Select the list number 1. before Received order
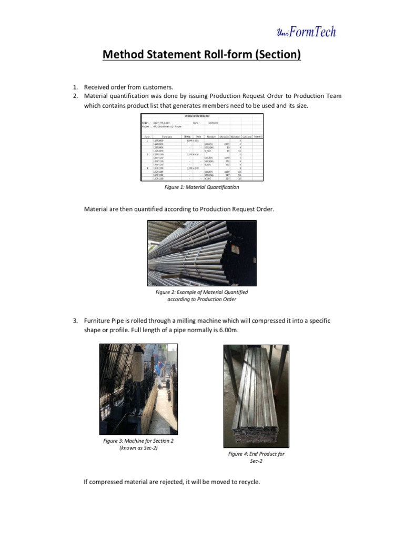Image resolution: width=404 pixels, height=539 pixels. pyautogui.click(x=75, y=87)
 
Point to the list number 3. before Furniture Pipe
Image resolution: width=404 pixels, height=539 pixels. pyautogui.click(x=75, y=321)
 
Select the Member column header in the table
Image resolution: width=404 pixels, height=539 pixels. pyautogui.click(x=210, y=137)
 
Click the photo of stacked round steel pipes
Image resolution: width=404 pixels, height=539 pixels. pyautogui.click(x=201, y=253)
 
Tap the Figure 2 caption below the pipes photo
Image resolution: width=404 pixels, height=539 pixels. pyautogui.click(x=201, y=295)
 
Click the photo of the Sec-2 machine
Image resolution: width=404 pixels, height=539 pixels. pyautogui.click(x=138, y=389)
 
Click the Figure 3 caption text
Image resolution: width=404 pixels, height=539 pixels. pyautogui.click(x=138, y=444)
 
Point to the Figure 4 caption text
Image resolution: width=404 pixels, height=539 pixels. pyautogui.click(x=256, y=457)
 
